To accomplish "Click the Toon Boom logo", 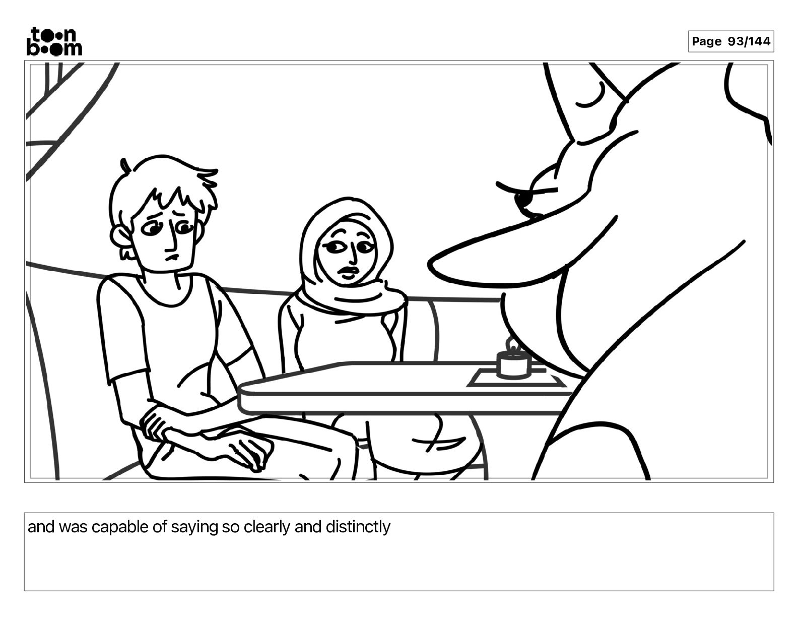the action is click(x=54, y=41).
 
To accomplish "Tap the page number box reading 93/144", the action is click(x=731, y=41).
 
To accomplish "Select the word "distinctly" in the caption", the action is click(x=358, y=527).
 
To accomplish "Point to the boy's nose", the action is click(x=173, y=242).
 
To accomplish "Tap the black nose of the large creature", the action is click(x=523, y=200).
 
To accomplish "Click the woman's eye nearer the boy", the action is click(x=333, y=248).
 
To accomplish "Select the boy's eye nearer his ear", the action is click(x=150, y=230).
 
